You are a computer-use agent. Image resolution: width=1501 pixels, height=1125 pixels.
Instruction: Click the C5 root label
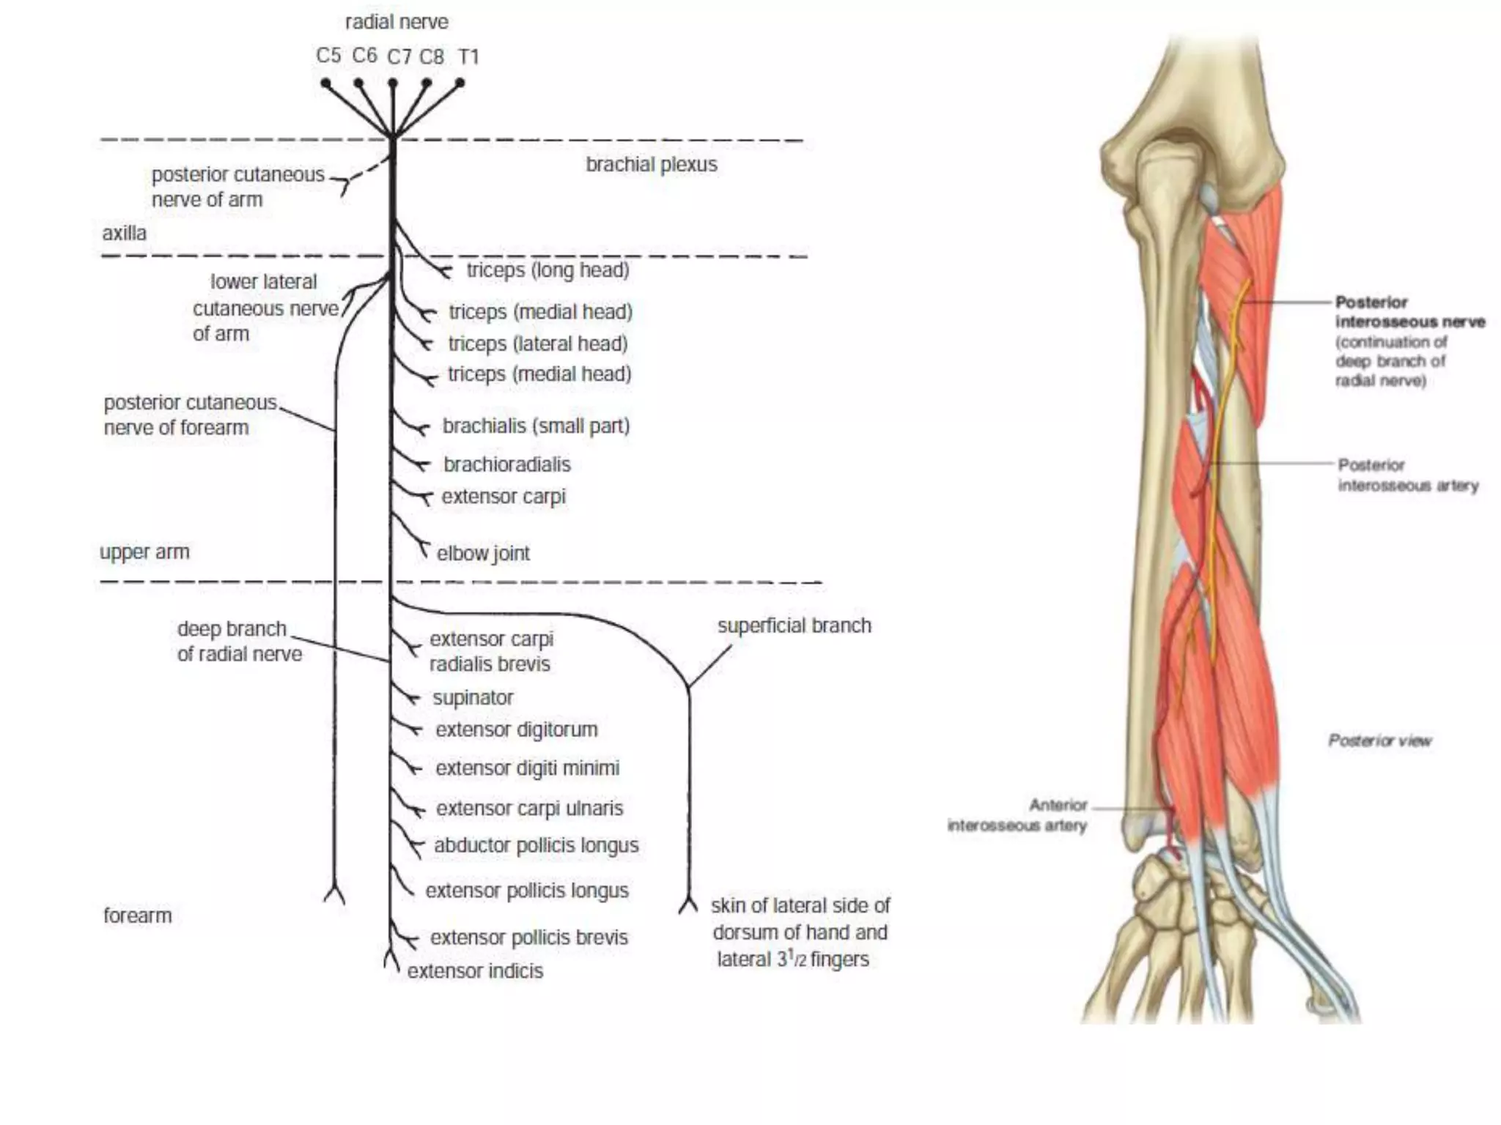tap(328, 56)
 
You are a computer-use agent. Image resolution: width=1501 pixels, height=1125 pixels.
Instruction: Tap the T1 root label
tap(468, 57)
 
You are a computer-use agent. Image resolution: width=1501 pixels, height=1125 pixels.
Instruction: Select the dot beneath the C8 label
tap(427, 83)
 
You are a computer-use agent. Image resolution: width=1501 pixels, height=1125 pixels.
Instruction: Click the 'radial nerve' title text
tap(397, 23)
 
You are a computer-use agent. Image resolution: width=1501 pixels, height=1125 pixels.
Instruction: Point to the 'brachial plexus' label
tap(651, 165)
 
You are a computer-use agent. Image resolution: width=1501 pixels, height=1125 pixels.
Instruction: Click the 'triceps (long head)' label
tap(547, 270)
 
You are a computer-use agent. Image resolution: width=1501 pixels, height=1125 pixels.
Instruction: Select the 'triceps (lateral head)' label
tap(538, 344)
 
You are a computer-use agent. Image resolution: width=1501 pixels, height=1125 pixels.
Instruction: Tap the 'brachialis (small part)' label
tap(536, 426)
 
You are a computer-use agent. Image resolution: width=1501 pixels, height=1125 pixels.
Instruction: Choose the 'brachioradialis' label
tap(506, 464)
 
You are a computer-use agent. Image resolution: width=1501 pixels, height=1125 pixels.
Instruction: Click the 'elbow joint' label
tap(483, 554)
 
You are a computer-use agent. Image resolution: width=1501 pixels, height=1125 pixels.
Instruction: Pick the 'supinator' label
tap(473, 698)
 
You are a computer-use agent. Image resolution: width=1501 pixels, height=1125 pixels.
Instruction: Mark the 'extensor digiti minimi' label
tap(527, 768)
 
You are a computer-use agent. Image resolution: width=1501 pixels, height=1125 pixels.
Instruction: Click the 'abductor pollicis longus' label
tap(536, 846)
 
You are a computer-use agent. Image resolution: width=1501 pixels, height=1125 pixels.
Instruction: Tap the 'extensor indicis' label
tap(475, 971)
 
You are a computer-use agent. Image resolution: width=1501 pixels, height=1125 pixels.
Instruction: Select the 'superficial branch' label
tap(794, 626)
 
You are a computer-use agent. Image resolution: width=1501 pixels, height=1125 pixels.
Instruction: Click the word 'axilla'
tap(124, 234)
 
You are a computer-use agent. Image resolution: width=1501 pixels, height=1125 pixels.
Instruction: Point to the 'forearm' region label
tap(137, 916)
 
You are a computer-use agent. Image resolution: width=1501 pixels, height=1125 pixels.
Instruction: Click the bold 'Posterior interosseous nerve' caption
tap(1409, 312)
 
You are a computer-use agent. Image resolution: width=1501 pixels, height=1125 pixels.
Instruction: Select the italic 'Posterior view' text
tap(1379, 741)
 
